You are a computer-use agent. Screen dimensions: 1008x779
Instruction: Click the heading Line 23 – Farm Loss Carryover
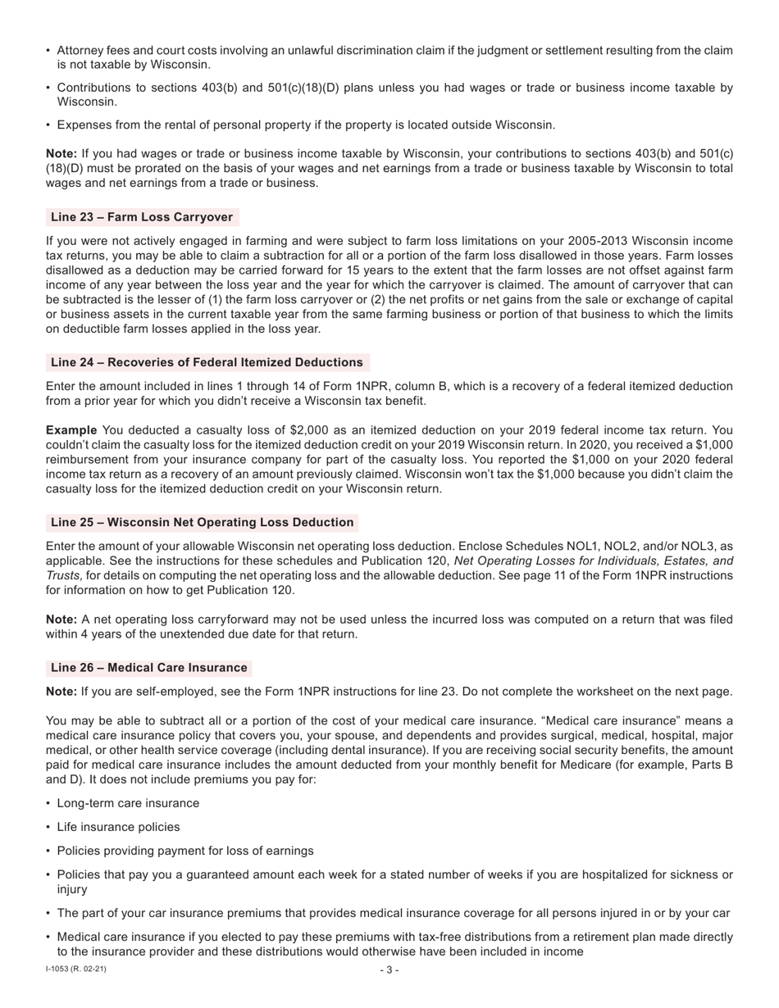coord(142,217)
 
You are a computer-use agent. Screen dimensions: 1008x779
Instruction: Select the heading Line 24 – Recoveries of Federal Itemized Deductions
coord(207,362)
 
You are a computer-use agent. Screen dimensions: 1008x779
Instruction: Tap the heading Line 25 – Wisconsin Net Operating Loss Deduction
coord(202,522)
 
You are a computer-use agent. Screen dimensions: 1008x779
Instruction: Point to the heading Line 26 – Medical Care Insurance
coord(148,667)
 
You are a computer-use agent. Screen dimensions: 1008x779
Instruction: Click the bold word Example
coord(71,430)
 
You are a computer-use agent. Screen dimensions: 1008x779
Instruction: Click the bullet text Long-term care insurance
coord(128,803)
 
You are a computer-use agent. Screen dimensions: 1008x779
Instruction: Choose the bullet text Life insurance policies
coord(118,827)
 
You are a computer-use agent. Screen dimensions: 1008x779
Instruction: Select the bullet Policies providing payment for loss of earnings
coord(184,851)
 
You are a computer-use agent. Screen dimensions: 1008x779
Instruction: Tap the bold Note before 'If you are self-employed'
coord(61,691)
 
